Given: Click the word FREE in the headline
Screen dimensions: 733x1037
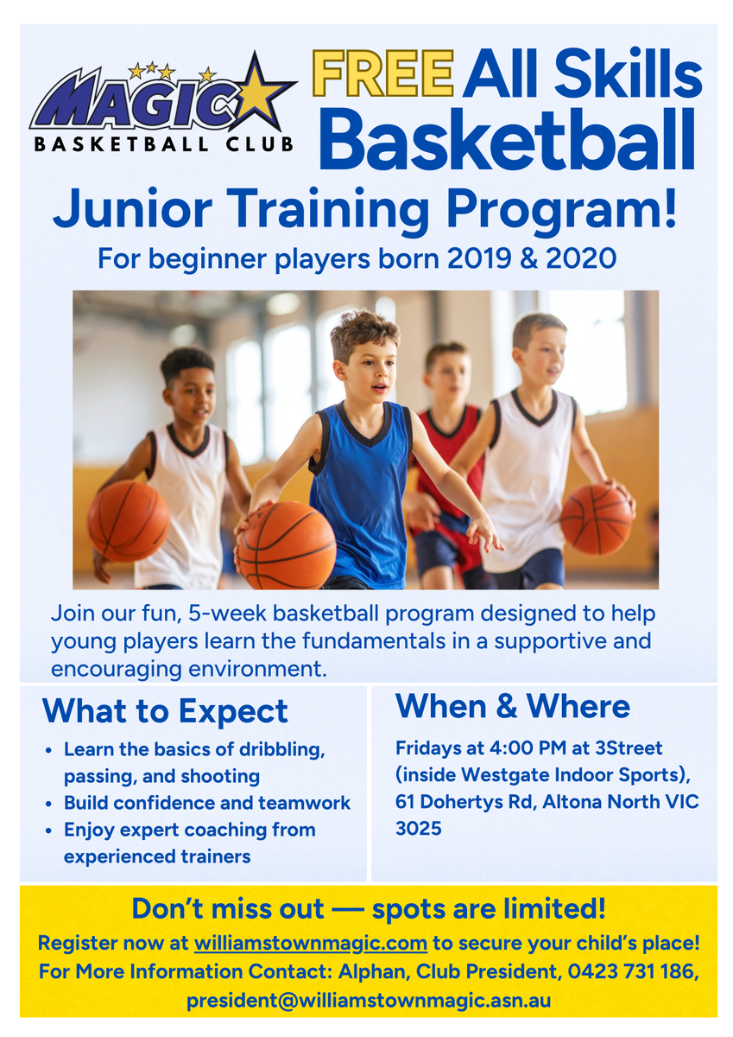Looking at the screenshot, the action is click(382, 73).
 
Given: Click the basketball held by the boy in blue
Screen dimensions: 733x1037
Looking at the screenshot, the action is click(287, 545).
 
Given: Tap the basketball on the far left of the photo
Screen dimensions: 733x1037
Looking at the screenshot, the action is click(128, 520).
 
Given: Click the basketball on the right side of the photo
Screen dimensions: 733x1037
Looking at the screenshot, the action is click(596, 519).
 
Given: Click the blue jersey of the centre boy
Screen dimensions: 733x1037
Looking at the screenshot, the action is click(362, 491).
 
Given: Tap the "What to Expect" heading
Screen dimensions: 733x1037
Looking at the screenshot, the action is click(165, 711).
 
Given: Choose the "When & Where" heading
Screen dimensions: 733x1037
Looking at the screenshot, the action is click(512, 706).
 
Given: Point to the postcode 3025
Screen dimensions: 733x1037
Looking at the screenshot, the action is click(419, 828).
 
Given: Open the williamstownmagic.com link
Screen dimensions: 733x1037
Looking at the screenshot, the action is click(310, 943).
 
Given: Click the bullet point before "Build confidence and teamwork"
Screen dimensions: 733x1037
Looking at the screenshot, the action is click(48, 804).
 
